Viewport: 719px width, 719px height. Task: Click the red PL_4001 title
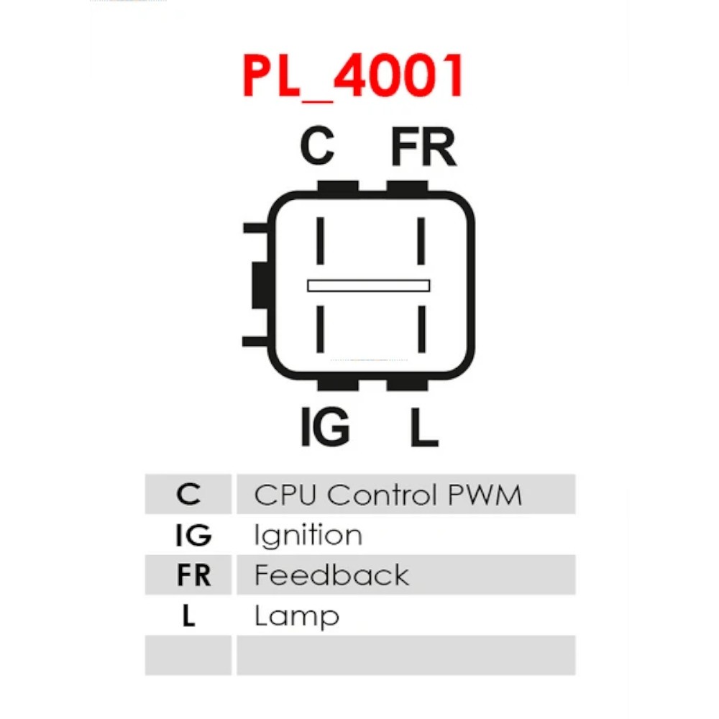pos(352,77)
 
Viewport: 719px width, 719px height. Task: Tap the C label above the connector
pos(317,146)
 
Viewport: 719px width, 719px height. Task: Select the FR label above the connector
pos(423,146)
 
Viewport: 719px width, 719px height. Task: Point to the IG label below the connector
pos(325,426)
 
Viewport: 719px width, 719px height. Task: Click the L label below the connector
pos(424,426)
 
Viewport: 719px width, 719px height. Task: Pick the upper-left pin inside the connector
pos(321,241)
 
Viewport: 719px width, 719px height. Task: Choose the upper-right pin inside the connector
pos(421,241)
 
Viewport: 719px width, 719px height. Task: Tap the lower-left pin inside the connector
pos(321,329)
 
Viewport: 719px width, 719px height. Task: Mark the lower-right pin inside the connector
pos(422,329)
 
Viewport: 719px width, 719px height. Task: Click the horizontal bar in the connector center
pos(369,285)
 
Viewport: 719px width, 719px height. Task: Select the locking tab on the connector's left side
pos(260,285)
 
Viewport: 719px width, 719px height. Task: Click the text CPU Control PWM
pos(388,495)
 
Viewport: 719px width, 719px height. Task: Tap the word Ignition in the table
pos(308,535)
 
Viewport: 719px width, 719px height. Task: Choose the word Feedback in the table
pos(331,575)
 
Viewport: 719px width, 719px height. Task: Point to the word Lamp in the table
pos(297,617)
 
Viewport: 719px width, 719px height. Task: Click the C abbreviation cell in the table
pos(188,495)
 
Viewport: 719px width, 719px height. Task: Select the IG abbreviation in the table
pos(193,535)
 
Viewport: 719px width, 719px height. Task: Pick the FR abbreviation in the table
pos(193,575)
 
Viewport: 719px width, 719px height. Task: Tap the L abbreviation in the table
pos(189,615)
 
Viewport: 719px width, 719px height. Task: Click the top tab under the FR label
pos(407,187)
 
